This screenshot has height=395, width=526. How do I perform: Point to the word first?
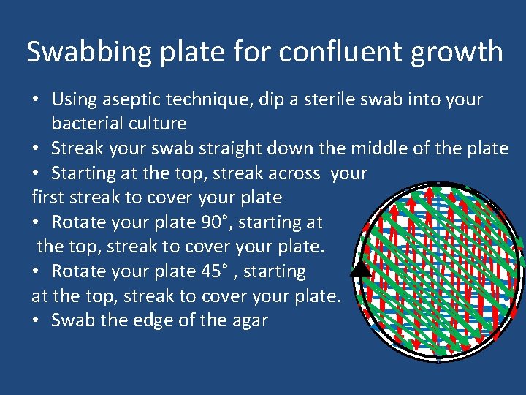pyautogui.click(x=48, y=197)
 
